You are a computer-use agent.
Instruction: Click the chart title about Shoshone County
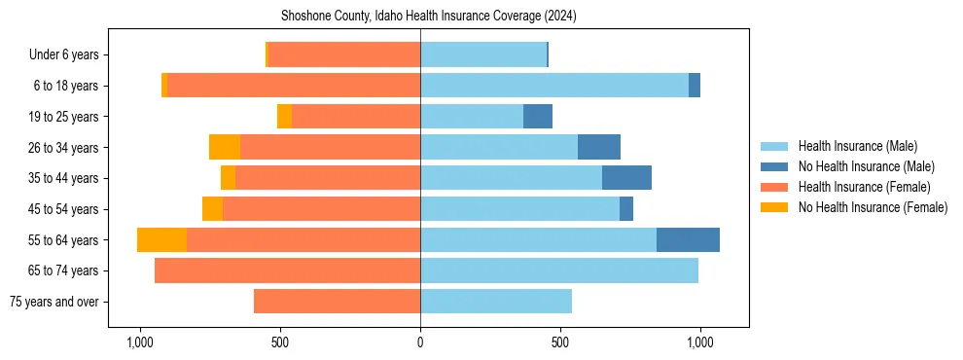click(x=429, y=17)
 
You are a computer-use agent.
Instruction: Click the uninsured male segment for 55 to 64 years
click(x=688, y=240)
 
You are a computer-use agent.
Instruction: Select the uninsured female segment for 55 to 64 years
click(x=161, y=240)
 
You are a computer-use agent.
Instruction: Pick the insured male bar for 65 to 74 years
click(x=559, y=270)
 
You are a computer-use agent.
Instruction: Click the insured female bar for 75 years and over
click(x=337, y=302)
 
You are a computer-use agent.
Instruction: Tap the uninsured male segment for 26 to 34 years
click(x=599, y=148)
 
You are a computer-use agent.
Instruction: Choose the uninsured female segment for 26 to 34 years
click(x=225, y=148)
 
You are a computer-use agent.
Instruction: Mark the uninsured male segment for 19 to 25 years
click(x=538, y=117)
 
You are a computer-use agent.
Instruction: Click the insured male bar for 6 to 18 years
click(x=554, y=86)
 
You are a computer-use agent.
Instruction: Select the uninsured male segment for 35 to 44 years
click(x=626, y=178)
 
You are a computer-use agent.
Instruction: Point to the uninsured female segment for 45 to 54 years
click(x=212, y=209)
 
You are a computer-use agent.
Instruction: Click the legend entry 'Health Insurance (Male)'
click(x=857, y=146)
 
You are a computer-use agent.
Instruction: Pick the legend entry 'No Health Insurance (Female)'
click(x=873, y=207)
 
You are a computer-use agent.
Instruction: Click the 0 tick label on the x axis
click(x=420, y=342)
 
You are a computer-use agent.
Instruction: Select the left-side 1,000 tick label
click(x=140, y=342)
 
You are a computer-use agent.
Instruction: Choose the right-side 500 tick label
click(x=560, y=342)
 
